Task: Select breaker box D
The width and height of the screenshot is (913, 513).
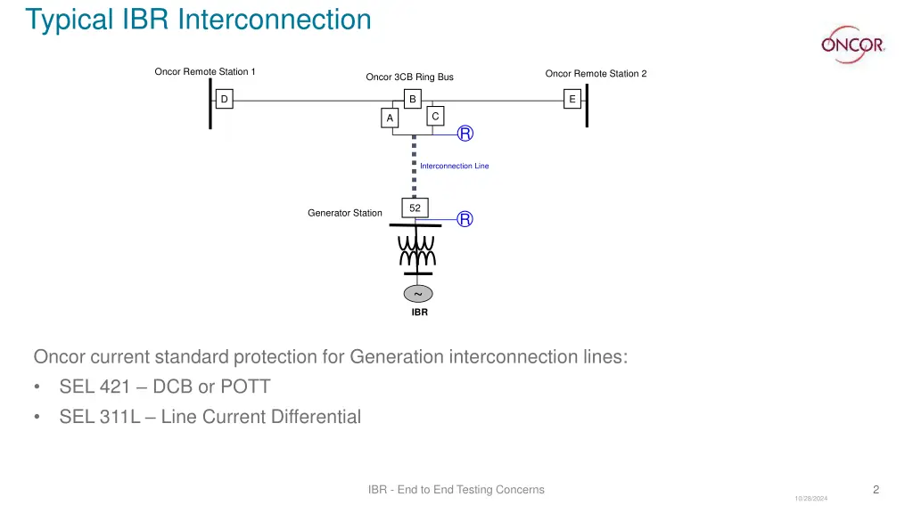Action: coord(224,100)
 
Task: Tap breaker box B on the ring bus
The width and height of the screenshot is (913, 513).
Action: coord(412,99)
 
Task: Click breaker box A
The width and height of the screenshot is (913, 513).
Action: coord(390,118)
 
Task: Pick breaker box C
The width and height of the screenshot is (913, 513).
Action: coord(434,117)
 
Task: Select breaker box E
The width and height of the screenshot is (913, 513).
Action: coord(572,100)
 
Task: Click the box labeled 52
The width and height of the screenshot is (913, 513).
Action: coord(415,208)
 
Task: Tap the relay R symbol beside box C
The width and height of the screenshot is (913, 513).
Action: coord(465,134)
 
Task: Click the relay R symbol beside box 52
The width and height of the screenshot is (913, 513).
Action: coord(465,219)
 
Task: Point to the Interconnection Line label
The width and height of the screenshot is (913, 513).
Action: coord(454,166)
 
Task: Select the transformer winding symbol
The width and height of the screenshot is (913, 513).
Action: coord(416,249)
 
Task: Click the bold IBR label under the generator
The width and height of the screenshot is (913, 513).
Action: coord(419,313)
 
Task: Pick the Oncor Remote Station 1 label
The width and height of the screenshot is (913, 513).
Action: coord(205,71)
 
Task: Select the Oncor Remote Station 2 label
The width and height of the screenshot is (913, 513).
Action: coord(596,73)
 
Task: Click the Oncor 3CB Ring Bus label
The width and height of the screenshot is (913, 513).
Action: coord(409,77)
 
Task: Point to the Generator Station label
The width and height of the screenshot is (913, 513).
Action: coord(344,213)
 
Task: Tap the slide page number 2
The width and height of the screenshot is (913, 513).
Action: coord(876,489)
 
